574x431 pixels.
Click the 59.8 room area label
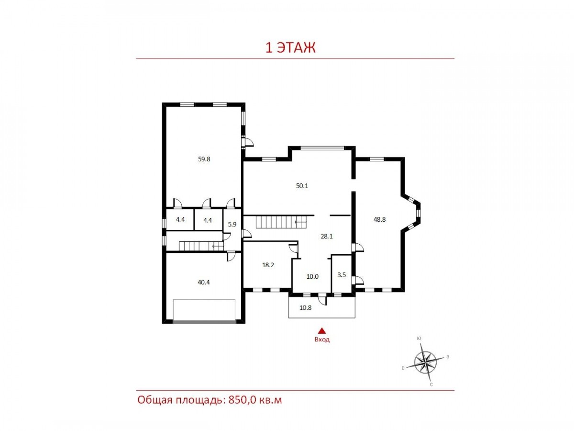coord(204,159)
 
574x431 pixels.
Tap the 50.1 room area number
coord(302,186)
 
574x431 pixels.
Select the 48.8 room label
coord(379,219)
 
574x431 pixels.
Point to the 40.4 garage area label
coord(204,282)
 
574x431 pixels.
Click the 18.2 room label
coord(268,265)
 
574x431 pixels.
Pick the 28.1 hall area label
coord(327,236)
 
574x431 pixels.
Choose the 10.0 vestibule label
coord(312,276)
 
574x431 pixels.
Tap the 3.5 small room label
coord(342,275)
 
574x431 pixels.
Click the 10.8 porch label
coord(306,307)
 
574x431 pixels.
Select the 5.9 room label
coord(232,224)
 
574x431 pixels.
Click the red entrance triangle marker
coord(322,330)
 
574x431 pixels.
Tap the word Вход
coord(322,340)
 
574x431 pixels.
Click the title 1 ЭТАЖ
coord(290,48)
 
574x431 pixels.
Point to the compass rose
coord(425,363)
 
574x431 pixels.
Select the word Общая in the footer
coord(155,408)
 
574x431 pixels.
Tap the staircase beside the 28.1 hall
coord(281,222)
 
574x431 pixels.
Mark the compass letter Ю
coord(419,339)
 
